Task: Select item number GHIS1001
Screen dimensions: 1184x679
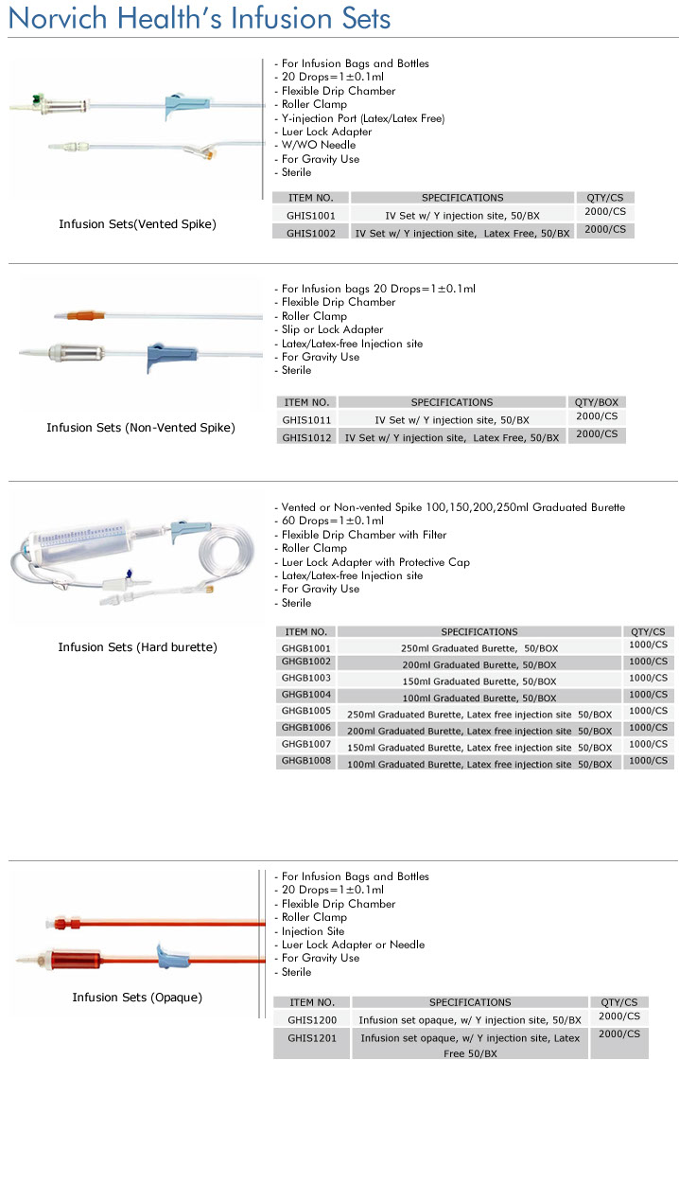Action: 311,216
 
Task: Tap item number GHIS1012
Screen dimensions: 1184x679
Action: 306,438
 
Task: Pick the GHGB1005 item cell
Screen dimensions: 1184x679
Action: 306,711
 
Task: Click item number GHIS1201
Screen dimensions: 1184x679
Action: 312,1037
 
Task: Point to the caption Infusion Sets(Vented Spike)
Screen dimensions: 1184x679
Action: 137,224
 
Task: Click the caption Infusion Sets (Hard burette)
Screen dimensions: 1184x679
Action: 137,647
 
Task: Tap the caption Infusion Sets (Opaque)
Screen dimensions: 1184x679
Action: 137,998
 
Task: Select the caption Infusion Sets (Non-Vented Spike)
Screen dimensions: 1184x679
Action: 141,428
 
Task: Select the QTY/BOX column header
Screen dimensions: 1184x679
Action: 596,402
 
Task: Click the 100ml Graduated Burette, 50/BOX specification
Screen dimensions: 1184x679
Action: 479,698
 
